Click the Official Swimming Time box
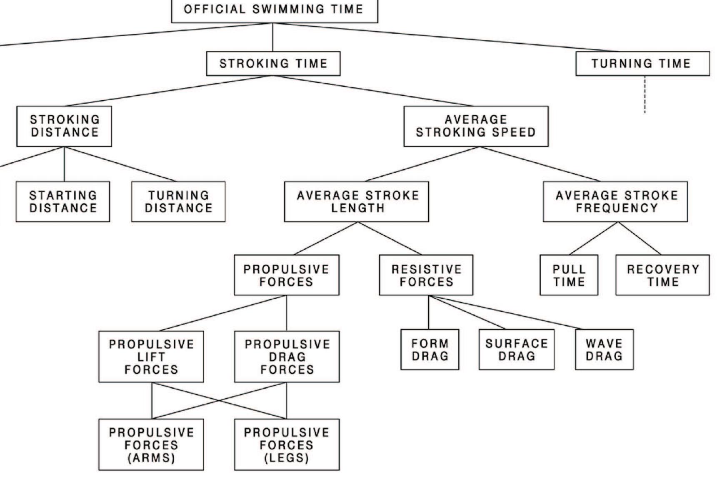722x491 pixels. (275, 11)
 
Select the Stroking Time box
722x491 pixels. (273, 64)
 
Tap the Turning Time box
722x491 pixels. (642, 64)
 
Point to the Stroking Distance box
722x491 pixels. (64, 126)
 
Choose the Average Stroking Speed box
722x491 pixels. (476, 126)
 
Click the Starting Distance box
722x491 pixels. (63, 201)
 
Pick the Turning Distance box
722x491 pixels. (178, 201)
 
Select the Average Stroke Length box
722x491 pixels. (357, 201)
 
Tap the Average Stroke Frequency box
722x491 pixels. (615, 201)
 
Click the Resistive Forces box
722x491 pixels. (426, 275)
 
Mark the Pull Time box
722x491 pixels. (569, 275)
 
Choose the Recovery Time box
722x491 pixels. (662, 275)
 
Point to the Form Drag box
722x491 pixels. (430, 350)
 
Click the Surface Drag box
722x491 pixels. (517, 350)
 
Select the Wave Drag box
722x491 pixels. (604, 350)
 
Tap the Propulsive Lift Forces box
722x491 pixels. (151, 357)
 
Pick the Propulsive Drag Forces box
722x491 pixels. (287, 357)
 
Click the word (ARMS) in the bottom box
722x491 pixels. (151, 458)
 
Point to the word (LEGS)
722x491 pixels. (287, 458)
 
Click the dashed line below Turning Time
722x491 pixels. (645, 94)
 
